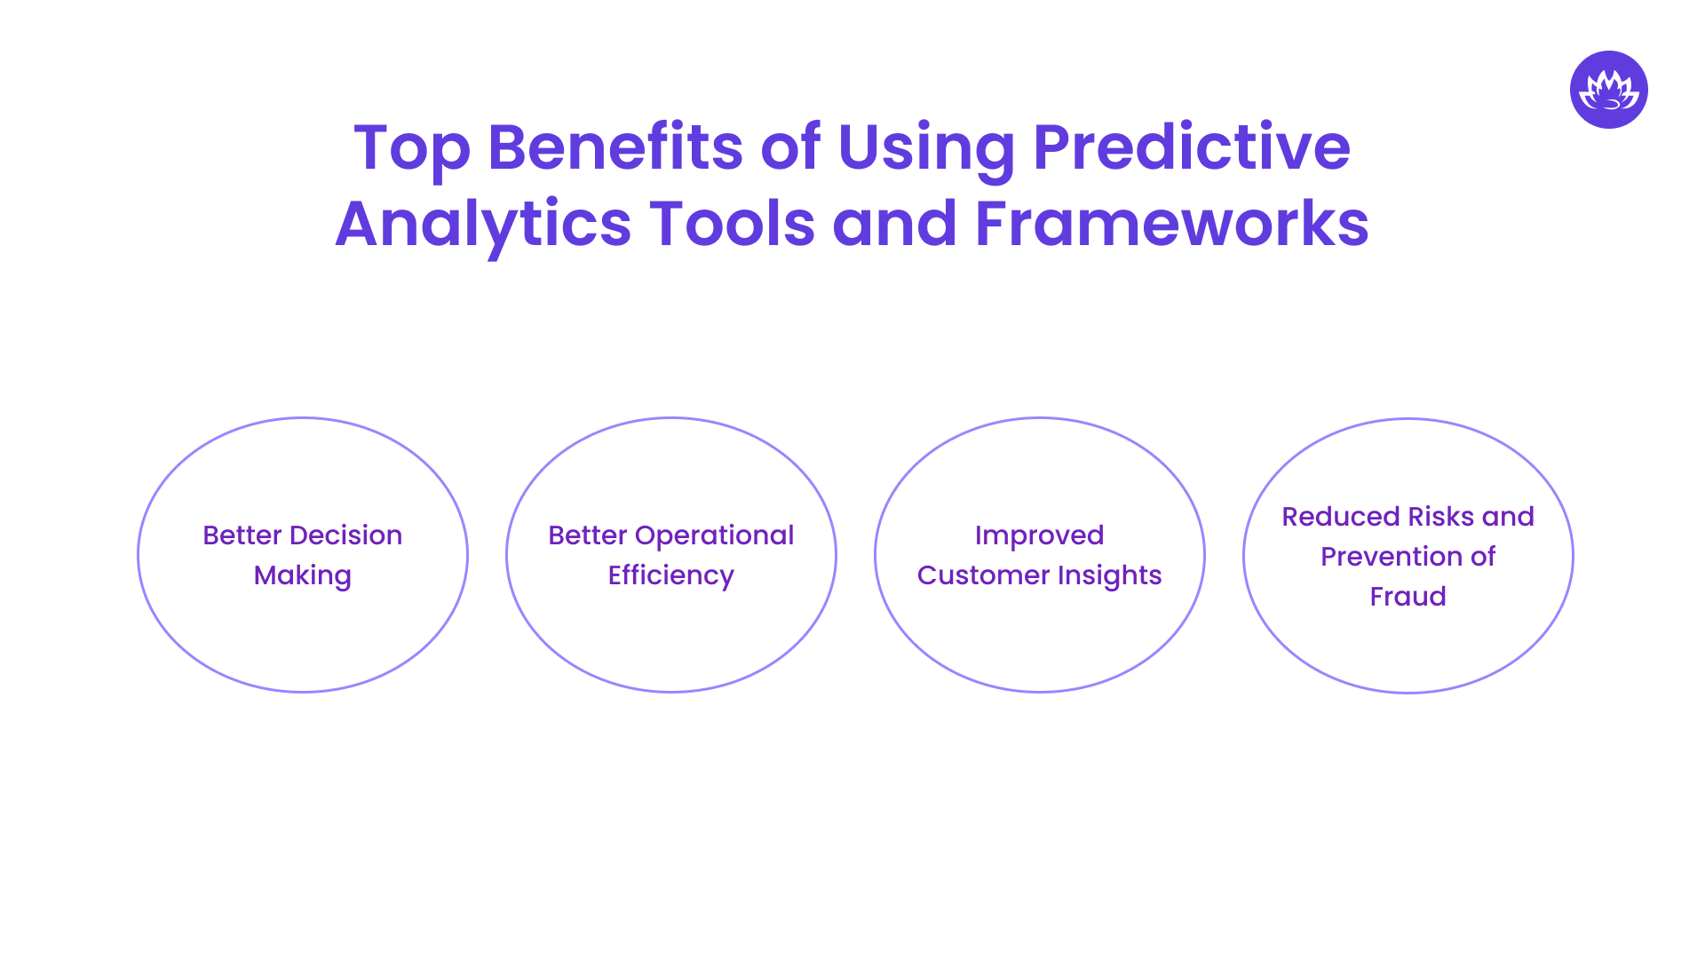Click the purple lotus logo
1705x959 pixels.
point(1608,90)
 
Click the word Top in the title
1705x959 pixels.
point(411,148)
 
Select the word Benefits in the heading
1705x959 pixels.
point(615,147)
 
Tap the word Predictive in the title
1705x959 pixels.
point(1191,147)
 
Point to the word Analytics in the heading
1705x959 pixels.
point(483,225)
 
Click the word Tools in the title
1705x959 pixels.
point(732,223)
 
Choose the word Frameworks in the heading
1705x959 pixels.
point(1171,223)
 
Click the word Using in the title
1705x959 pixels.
point(925,148)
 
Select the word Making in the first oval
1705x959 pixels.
point(303,576)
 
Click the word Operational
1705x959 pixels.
point(714,536)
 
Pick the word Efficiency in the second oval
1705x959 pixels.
point(671,576)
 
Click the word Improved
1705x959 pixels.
point(1039,536)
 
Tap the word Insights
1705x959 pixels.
point(1109,576)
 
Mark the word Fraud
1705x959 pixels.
point(1408,597)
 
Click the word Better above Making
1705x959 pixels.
point(242,535)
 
